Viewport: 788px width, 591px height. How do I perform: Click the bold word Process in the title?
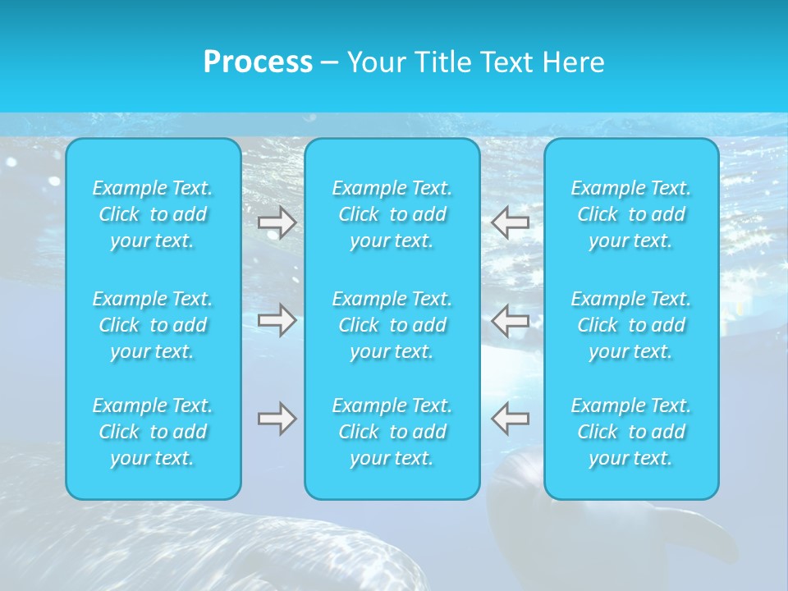point(258,62)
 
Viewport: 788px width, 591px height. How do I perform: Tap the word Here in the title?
point(574,62)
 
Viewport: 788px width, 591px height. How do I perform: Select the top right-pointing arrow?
point(277,223)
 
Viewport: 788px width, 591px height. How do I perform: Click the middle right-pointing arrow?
point(277,320)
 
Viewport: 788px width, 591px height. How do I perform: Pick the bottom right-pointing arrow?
point(277,419)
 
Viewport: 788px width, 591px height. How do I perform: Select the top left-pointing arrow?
point(511,223)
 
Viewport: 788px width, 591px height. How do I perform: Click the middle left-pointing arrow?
point(511,320)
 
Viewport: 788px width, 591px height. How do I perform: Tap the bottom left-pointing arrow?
point(511,419)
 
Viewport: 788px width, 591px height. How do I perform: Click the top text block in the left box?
point(153,214)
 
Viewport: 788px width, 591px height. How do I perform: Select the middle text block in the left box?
point(153,325)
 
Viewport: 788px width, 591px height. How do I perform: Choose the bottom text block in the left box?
point(153,432)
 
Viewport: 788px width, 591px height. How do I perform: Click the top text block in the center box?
point(392,214)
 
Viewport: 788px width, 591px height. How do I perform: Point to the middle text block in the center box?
point(392,325)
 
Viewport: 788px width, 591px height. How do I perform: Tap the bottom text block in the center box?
point(392,432)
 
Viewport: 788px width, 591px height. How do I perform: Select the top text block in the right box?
point(631,214)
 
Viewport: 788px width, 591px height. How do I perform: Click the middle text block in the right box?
point(631,325)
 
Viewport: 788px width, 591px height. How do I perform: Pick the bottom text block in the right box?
point(631,432)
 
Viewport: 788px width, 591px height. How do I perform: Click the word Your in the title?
point(374,62)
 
